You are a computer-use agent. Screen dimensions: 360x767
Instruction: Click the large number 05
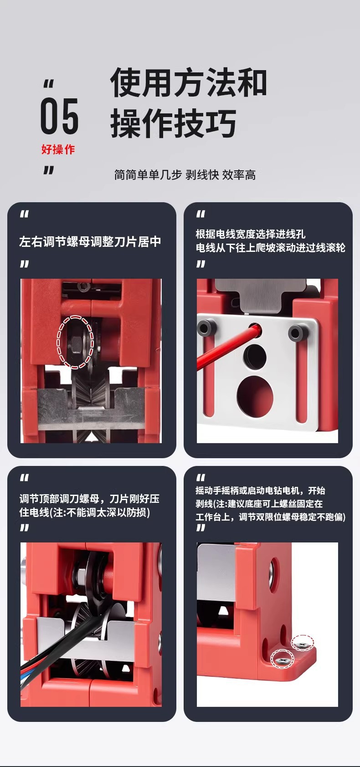[60, 115]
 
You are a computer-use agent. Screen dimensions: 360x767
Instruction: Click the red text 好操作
[58, 149]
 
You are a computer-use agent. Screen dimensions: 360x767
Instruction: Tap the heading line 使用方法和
[188, 82]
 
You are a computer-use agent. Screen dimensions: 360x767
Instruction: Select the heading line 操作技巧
[173, 123]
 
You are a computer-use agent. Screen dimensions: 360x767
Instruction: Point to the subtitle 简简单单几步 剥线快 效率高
[185, 174]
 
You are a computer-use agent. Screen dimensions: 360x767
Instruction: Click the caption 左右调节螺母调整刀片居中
[90, 242]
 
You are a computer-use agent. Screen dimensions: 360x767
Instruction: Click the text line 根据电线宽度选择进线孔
[250, 234]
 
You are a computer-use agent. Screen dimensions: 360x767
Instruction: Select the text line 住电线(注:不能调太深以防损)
[85, 512]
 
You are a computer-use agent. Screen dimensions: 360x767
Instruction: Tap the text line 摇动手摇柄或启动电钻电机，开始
[260, 491]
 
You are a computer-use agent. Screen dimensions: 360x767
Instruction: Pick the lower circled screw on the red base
[282, 659]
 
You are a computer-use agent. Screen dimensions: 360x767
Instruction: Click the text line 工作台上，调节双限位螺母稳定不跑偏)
[271, 516]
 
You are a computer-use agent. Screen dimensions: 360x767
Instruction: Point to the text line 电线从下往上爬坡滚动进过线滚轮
[271, 248]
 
